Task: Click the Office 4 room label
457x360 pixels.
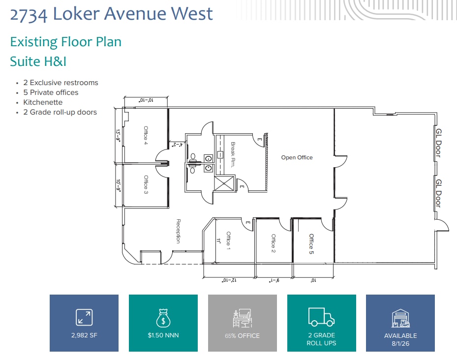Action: tap(146, 136)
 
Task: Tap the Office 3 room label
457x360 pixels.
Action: tap(146, 185)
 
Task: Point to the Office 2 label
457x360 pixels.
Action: tap(274, 243)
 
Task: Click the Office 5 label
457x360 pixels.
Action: tap(311, 243)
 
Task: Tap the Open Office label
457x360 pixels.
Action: tap(297, 157)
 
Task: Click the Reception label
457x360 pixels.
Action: tap(179, 231)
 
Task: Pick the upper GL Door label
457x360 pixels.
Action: tap(438, 143)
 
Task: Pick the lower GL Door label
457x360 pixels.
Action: tap(438, 193)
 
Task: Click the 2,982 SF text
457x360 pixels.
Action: tap(84, 335)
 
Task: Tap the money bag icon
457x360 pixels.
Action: tap(163, 318)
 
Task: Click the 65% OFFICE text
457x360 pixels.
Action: tap(242, 335)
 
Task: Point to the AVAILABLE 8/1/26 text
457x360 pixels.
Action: tap(400, 339)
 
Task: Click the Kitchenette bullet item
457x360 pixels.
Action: tap(43, 102)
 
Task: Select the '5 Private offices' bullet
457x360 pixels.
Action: tap(51, 92)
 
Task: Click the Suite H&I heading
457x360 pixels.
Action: tap(38, 61)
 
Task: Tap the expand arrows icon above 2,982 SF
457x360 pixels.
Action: tap(84, 317)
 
